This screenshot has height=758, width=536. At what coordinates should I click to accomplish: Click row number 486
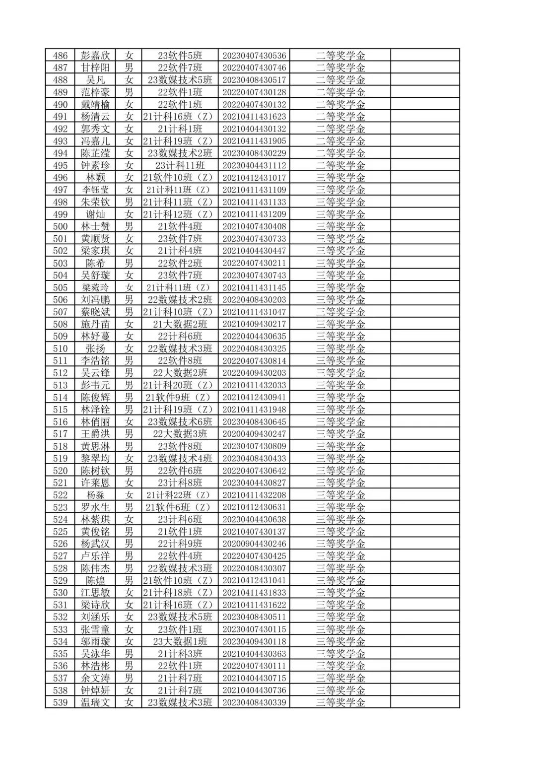(60, 56)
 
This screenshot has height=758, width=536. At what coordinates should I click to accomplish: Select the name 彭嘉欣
(95, 56)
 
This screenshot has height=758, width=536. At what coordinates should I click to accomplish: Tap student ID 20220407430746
(254, 68)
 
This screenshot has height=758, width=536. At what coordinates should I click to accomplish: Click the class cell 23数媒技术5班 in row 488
(180, 80)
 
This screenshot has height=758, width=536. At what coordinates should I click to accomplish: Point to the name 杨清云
(95, 117)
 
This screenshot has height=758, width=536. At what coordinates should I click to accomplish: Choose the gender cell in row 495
(129, 165)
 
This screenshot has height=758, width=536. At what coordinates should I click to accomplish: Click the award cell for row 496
(340, 178)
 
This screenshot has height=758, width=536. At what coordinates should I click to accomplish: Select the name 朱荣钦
(95, 202)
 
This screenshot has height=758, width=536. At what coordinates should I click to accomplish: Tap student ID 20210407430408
(254, 226)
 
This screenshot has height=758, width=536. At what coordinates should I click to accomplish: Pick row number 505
(60, 287)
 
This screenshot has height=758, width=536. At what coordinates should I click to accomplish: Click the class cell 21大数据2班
(180, 324)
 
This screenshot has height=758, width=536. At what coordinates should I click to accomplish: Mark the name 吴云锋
(95, 373)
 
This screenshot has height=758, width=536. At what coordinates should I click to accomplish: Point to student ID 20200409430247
(254, 434)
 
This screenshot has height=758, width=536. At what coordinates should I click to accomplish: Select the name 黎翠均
(95, 458)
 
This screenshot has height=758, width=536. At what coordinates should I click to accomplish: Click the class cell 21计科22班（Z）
(180, 495)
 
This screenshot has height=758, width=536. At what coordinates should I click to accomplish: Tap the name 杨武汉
(95, 544)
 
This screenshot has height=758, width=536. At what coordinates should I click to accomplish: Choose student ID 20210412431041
(254, 580)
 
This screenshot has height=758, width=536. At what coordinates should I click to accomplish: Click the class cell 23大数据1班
(180, 641)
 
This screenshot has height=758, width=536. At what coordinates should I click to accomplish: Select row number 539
(60, 702)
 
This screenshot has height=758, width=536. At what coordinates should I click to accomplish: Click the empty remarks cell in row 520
(425, 471)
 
